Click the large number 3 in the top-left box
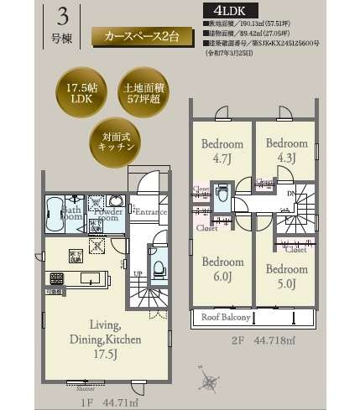click(62, 17)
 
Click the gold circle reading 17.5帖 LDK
click(74, 93)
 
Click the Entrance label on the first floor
click(150, 212)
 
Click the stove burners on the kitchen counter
click(58, 278)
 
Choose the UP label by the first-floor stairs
click(137, 274)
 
